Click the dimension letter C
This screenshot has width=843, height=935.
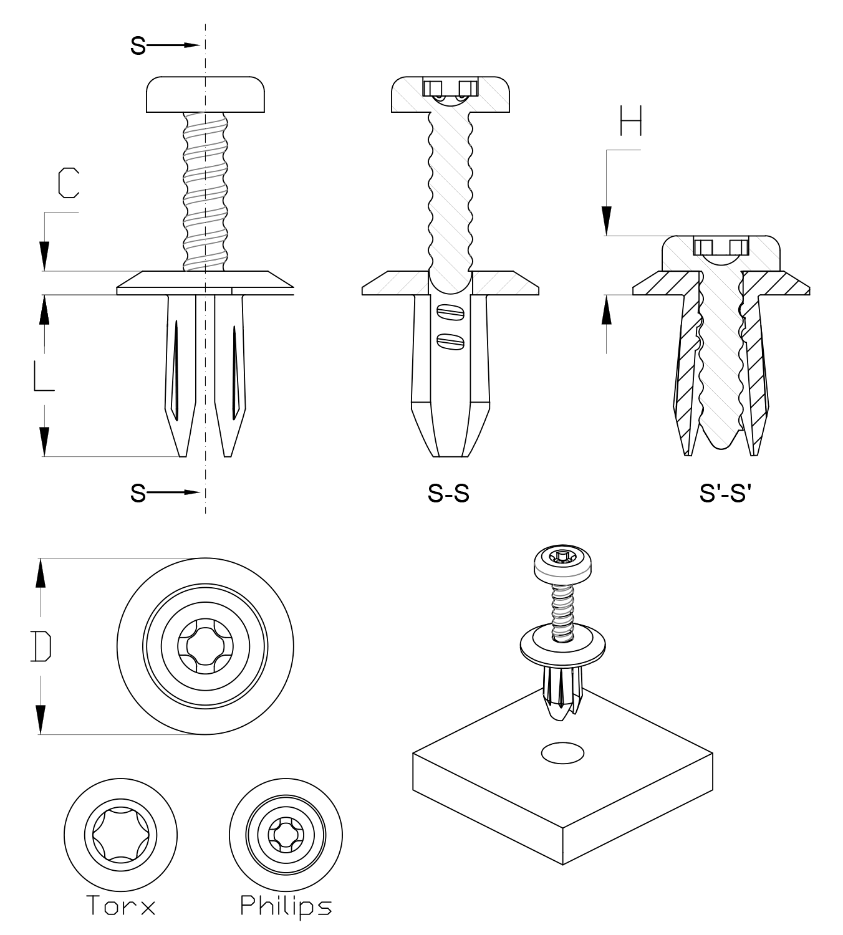[68, 183]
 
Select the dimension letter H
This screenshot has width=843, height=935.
[630, 121]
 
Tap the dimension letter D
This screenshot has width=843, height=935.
[41, 646]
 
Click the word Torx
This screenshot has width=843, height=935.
[120, 905]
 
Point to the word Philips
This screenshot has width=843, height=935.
[286, 906]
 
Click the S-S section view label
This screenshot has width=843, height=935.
[448, 494]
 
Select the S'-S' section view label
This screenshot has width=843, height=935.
[725, 494]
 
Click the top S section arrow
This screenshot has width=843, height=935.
[166, 46]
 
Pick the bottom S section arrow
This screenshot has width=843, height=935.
[166, 493]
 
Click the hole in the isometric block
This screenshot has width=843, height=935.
[562, 753]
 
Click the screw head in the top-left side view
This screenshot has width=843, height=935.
[205, 94]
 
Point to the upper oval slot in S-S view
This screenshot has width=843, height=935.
[450, 310]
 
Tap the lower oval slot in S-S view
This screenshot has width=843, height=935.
[450, 340]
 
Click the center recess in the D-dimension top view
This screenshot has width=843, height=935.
[205, 646]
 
